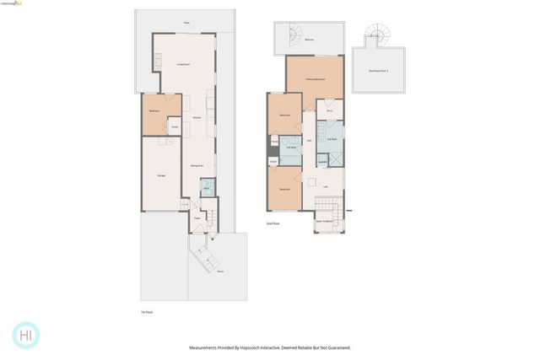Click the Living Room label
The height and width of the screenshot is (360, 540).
click(181, 65)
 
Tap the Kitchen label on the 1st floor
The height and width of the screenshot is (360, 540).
click(197, 119)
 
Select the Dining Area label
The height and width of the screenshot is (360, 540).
click(196, 165)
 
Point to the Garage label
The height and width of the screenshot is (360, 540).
click(160, 175)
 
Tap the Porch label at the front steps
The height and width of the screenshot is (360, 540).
click(219, 271)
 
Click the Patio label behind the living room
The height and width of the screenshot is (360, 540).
click(186, 23)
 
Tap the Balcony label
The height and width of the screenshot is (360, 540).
click(310, 40)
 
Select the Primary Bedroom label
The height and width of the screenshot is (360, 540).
click(316, 78)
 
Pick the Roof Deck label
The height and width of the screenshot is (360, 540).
click(377, 71)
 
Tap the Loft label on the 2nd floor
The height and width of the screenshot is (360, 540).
click(325, 185)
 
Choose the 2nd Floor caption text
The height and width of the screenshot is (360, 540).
click(273, 223)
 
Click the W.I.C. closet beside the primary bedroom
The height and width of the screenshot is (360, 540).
click(331, 110)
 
